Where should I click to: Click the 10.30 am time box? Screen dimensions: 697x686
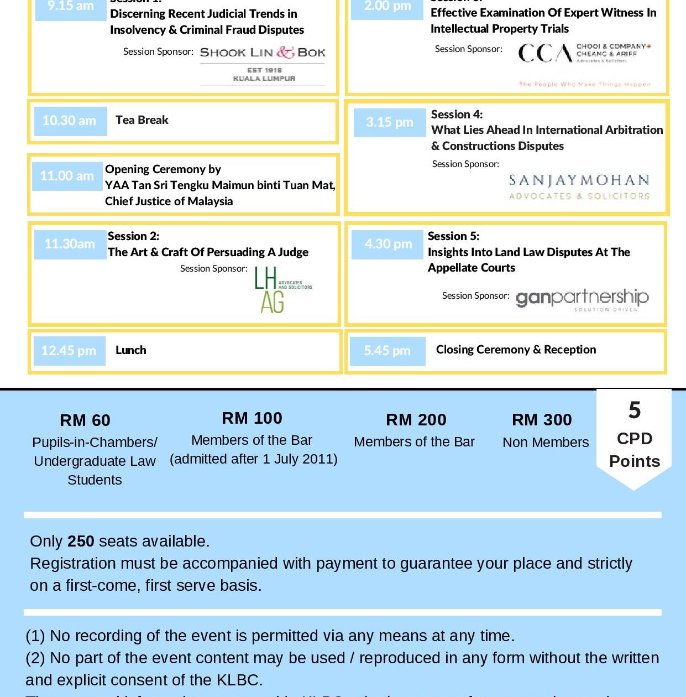click(x=70, y=121)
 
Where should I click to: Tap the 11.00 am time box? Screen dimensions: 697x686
click(x=67, y=176)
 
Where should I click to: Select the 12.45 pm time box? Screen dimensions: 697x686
click(x=69, y=351)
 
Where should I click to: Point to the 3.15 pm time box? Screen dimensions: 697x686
click(x=389, y=122)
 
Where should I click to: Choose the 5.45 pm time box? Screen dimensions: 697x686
click(x=387, y=351)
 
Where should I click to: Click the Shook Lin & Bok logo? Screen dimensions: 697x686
click(x=263, y=64)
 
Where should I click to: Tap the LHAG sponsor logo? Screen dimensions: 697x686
click(x=282, y=290)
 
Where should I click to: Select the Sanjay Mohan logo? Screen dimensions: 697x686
click(x=579, y=187)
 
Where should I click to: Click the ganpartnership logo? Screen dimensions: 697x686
click(x=582, y=299)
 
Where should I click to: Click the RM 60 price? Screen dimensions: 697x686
click(x=85, y=420)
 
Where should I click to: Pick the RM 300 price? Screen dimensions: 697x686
click(x=542, y=420)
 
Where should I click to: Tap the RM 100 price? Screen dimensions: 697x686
click(x=252, y=418)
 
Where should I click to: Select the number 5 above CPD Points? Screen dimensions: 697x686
click(x=635, y=410)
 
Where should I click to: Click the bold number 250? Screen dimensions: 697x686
click(x=81, y=541)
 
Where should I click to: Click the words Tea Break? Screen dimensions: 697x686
click(x=142, y=120)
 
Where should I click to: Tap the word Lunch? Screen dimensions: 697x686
click(x=131, y=350)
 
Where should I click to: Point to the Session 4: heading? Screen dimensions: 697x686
click(x=457, y=115)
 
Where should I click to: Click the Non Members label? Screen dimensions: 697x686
click(x=546, y=443)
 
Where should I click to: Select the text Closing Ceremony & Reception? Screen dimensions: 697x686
click(x=516, y=350)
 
